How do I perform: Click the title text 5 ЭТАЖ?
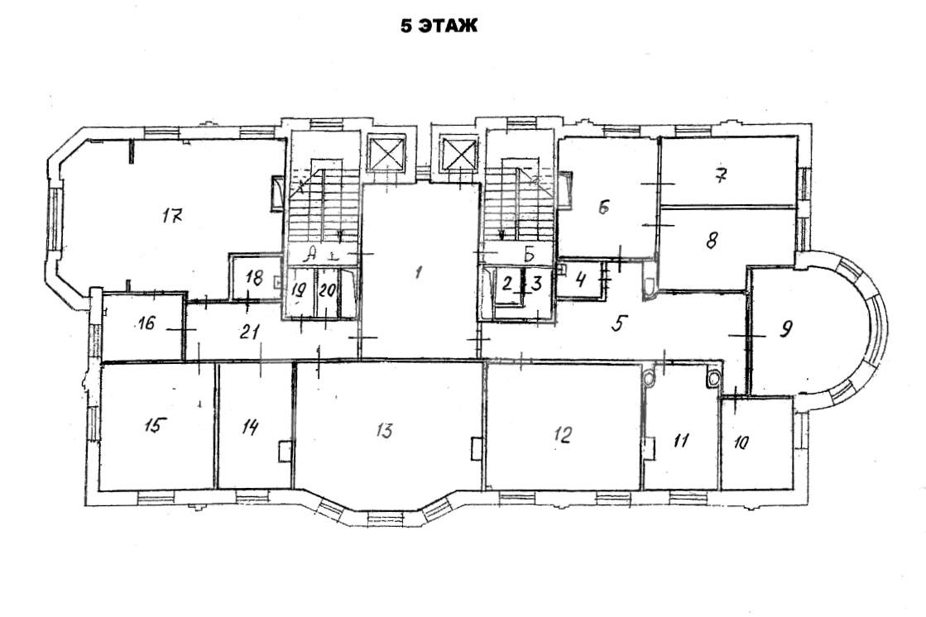coord(439,26)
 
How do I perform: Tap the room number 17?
coord(172,216)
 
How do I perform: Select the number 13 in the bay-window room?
coord(384,430)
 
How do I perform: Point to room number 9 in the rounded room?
coord(785,329)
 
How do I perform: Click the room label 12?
coord(563,434)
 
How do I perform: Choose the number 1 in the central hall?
coord(419,272)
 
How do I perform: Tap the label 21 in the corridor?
coord(251,331)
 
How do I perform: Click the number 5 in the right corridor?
coord(618,323)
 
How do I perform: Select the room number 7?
coord(721,175)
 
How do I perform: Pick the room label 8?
coord(712,240)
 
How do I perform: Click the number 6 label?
coord(603,208)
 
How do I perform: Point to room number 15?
coord(155,424)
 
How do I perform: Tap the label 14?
coord(250,426)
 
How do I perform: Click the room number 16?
coord(146,323)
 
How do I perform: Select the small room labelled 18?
coord(254,278)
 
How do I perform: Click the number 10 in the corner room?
coord(741,442)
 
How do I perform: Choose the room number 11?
coord(681,440)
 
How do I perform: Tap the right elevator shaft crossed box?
coord(459,154)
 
